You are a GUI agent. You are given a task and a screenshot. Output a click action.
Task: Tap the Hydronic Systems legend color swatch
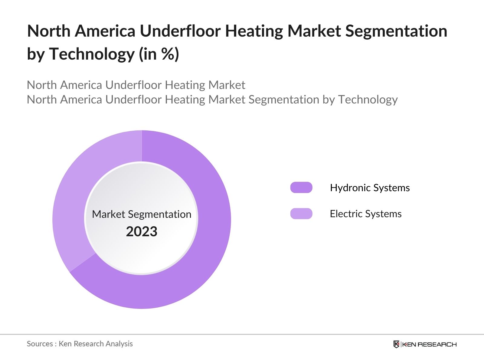(x=301, y=188)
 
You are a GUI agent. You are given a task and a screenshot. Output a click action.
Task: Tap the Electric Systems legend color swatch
(x=301, y=214)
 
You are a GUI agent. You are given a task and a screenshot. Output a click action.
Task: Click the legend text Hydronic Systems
(x=370, y=188)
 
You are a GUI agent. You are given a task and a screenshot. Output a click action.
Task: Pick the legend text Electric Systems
(x=365, y=214)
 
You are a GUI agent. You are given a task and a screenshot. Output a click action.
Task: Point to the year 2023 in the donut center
(x=142, y=232)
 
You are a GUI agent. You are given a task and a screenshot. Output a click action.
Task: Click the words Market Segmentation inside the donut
(x=142, y=214)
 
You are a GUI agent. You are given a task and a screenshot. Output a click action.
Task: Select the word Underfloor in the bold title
(x=180, y=31)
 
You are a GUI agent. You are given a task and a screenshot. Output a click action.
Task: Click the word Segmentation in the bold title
(x=396, y=31)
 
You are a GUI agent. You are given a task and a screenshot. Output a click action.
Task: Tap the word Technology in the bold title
(x=92, y=54)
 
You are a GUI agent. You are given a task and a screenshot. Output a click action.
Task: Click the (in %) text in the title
(x=159, y=54)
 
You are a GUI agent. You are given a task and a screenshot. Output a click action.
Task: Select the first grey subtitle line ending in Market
(x=136, y=85)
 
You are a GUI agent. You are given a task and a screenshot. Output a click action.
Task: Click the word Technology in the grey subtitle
(x=368, y=100)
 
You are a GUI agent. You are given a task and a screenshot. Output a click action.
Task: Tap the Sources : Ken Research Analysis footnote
(x=80, y=344)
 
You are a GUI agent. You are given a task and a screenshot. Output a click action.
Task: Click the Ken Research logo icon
(x=396, y=344)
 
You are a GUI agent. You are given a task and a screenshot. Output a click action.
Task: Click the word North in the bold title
(x=48, y=31)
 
